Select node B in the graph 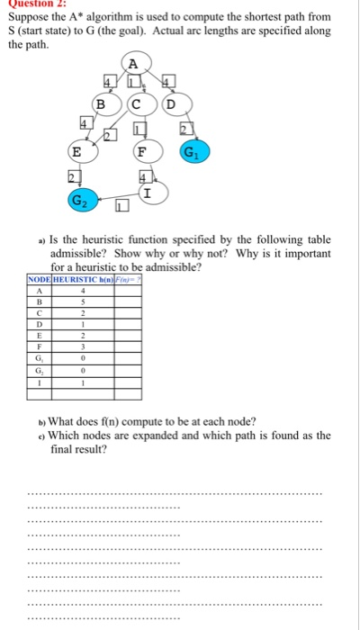102,103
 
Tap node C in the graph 136,103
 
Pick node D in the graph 169,103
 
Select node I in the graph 146,192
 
